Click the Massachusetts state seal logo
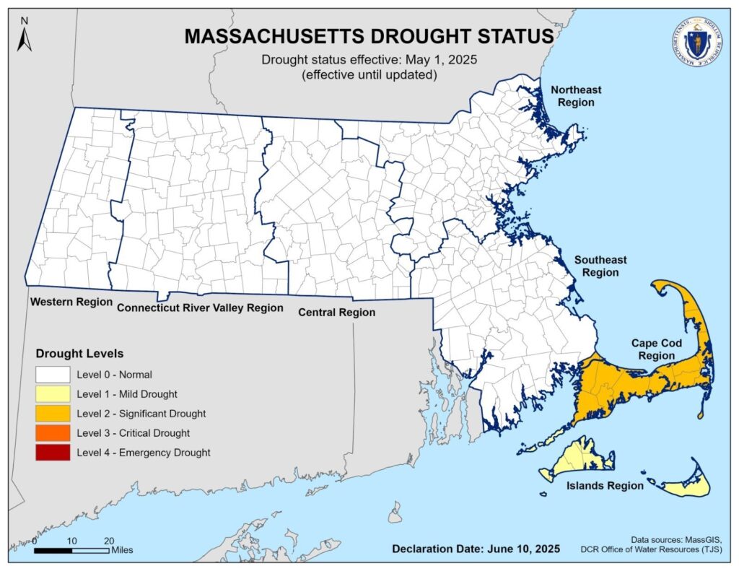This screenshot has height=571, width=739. click(696, 40)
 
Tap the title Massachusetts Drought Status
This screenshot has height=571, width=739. click(369, 36)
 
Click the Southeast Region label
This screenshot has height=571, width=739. click(600, 266)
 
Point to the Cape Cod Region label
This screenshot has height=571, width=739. click(653, 349)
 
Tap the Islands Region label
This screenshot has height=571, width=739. click(604, 486)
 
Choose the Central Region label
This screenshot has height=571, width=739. click(337, 313)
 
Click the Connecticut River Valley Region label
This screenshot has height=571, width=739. click(200, 308)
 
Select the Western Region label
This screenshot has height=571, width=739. click(71, 301)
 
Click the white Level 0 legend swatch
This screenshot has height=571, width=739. click(53, 374)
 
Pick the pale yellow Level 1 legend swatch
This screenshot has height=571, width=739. click(53, 393)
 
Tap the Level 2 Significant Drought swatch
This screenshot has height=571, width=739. click(53, 413)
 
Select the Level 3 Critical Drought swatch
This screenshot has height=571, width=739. click(53, 432)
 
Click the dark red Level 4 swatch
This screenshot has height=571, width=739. click(53, 452)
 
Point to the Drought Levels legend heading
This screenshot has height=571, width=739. click(79, 354)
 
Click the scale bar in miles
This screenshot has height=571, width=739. click(72, 550)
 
